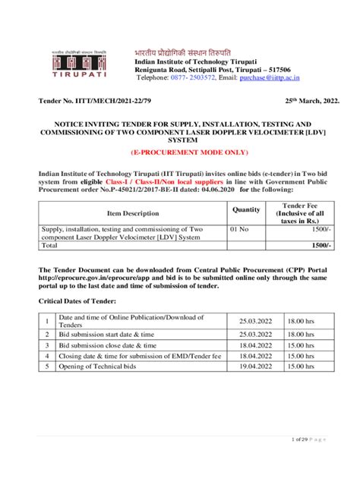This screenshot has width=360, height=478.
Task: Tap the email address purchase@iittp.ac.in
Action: [x=291, y=77]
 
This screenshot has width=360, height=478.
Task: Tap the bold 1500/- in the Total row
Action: [x=321, y=246]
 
